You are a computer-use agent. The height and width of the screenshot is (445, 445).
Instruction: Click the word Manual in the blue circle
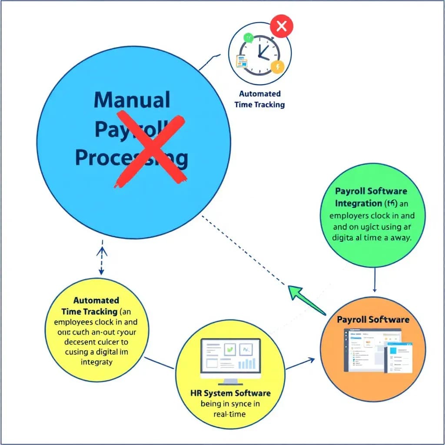tap(132, 100)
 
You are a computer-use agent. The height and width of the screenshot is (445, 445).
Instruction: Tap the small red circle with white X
tap(282, 27)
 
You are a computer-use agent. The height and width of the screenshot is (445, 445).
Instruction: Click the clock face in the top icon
tap(259, 54)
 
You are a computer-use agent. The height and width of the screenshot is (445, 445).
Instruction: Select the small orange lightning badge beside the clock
tap(277, 66)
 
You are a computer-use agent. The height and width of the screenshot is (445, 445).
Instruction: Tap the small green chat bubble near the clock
tap(248, 38)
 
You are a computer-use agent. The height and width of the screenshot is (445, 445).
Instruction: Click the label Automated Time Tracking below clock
tap(259, 99)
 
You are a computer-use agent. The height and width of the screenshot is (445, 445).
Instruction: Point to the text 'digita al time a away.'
tap(372, 238)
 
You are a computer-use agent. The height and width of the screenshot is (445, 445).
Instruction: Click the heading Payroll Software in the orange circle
tap(373, 319)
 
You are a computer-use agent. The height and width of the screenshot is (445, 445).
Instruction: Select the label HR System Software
tap(230, 393)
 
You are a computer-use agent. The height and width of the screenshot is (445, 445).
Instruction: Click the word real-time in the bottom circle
tap(230, 414)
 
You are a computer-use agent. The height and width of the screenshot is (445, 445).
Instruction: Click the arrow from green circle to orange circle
tap(375, 279)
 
